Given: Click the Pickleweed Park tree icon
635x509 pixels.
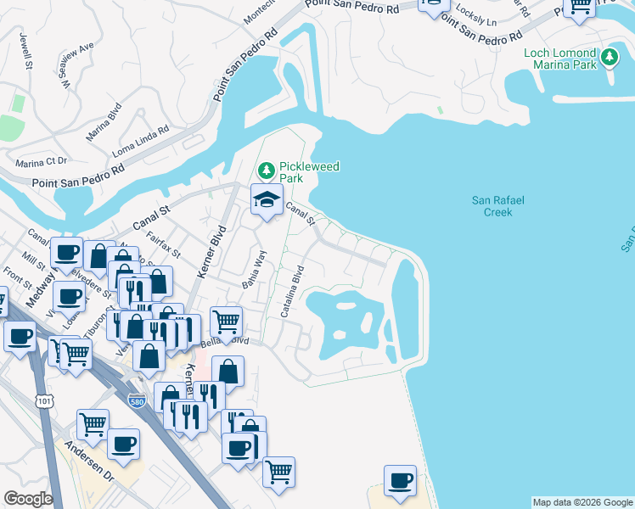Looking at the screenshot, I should (267, 171).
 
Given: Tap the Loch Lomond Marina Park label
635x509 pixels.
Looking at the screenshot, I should (561, 59).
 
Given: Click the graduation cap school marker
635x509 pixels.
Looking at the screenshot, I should (267, 201).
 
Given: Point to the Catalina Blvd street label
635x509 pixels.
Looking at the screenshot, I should (293, 292).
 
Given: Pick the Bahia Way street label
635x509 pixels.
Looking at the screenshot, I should (255, 270).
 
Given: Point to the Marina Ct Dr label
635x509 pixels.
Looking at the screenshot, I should (40, 162).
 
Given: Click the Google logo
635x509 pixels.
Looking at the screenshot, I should (28, 499).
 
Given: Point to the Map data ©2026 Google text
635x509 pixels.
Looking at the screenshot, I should (582, 502).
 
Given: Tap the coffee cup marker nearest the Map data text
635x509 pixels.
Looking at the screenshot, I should (400, 480).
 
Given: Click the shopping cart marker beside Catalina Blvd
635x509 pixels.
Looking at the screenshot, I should (226, 322).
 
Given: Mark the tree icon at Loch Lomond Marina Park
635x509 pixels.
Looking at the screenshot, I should (610, 58).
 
